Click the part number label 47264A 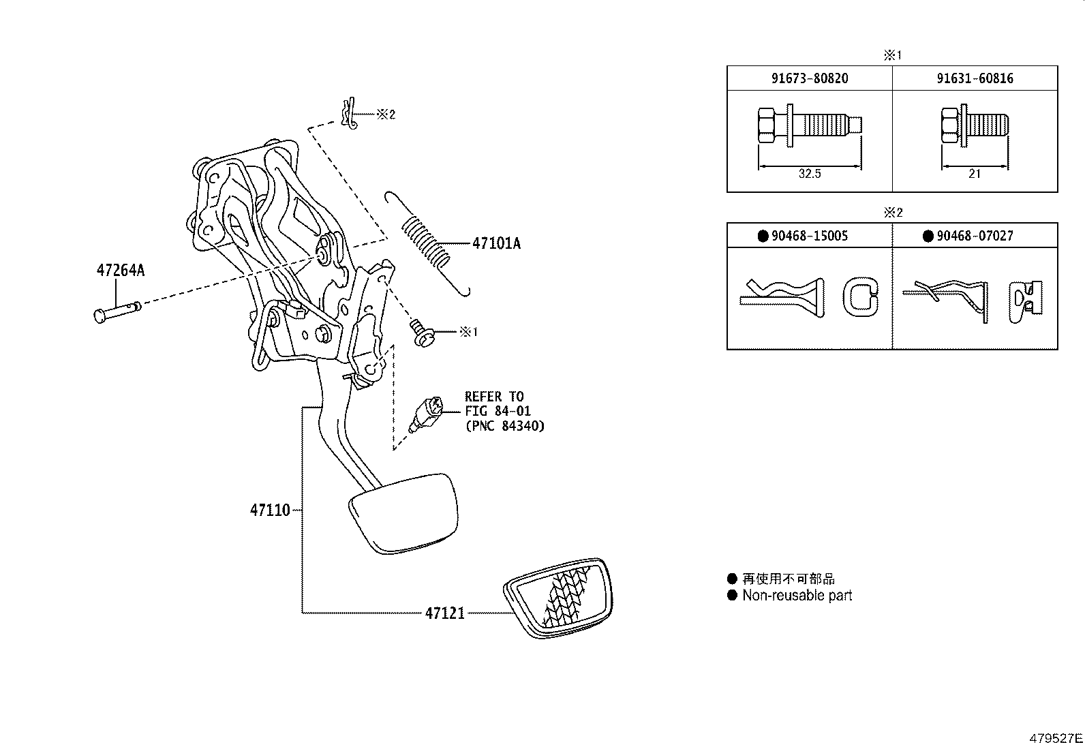click(x=120, y=271)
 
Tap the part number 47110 click(x=270, y=510)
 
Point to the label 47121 click(x=444, y=613)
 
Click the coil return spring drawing click(x=427, y=242)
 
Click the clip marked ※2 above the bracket click(x=349, y=114)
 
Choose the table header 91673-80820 click(x=810, y=78)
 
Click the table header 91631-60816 click(x=975, y=78)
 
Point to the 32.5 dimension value click(x=810, y=174)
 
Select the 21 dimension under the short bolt click(x=975, y=174)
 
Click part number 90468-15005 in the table click(x=810, y=236)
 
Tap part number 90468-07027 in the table click(x=975, y=236)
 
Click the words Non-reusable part click(x=797, y=596)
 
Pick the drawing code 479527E click(x=1055, y=738)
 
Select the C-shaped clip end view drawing click(x=861, y=297)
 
